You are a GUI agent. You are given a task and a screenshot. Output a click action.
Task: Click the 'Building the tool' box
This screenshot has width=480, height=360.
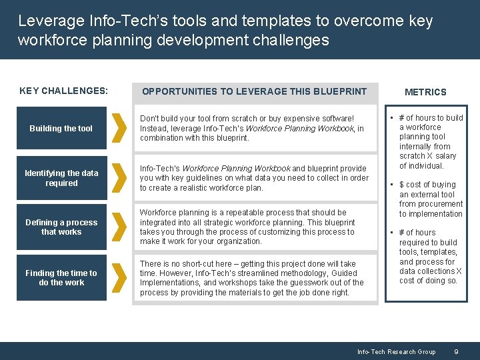(61, 128)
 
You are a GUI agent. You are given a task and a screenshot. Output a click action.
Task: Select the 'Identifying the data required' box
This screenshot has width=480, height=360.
(61, 178)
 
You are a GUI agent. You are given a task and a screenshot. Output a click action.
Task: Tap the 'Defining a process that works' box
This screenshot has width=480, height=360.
(61, 227)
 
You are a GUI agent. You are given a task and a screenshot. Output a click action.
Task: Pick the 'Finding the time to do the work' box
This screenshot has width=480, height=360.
(61, 277)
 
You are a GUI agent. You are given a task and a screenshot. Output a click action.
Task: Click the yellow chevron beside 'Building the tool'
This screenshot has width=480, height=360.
(119, 128)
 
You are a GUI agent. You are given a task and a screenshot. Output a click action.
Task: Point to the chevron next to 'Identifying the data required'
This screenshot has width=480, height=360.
(119, 178)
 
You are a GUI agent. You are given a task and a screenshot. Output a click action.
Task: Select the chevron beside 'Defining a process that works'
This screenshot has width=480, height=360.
(119, 227)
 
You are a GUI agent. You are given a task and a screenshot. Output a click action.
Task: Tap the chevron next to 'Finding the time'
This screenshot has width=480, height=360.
(119, 277)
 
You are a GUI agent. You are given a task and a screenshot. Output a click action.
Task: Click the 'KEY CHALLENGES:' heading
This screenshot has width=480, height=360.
(63, 91)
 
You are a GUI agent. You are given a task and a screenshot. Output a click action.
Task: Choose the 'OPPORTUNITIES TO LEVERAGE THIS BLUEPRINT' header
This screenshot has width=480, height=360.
(254, 91)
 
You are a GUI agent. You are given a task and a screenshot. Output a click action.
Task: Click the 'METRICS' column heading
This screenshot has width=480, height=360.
(425, 92)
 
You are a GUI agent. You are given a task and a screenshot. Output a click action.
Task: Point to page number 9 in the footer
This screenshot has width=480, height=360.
(455, 351)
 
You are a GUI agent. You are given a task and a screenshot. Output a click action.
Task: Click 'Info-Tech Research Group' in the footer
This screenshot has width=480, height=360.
(396, 351)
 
